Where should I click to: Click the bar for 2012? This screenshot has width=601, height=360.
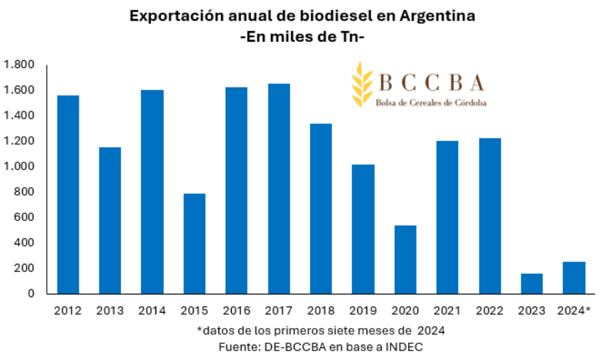tap(68, 194)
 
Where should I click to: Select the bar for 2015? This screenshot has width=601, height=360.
tap(194, 243)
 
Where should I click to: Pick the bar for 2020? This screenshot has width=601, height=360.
tap(405, 259)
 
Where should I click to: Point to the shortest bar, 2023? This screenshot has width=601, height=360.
tap(532, 283)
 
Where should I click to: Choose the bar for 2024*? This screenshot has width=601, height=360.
tap(574, 277)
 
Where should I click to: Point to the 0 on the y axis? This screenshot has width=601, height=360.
tap(31, 293)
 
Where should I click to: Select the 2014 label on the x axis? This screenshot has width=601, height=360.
tap(152, 311)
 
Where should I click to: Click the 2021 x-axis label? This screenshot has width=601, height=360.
tap(447, 311)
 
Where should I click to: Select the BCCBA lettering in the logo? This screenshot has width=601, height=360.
tap(431, 82)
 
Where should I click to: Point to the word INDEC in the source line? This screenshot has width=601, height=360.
tap(403, 347)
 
